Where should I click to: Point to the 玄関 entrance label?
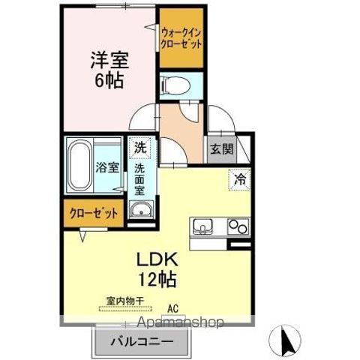pyautogui.click(x=221, y=148)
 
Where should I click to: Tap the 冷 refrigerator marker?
pyautogui.click(x=239, y=180)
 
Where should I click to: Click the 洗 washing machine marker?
pyautogui.click(x=140, y=148)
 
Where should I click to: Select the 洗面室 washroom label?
pyautogui.click(x=140, y=179)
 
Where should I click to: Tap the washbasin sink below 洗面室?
pyautogui.click(x=141, y=211)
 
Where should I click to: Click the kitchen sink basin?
pyautogui.click(x=204, y=226)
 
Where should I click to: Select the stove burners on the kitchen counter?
pyautogui.click(x=238, y=226)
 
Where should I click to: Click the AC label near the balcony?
pyautogui.click(x=172, y=306)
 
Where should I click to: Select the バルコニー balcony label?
pyautogui.click(x=142, y=342)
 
